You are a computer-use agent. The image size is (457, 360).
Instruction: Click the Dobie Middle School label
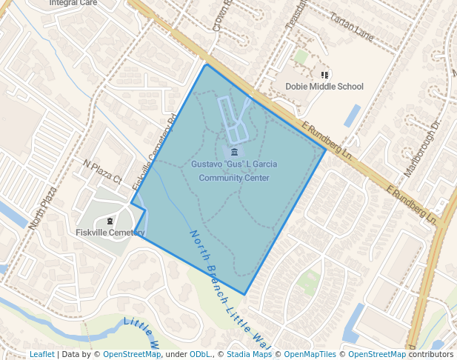(324, 87)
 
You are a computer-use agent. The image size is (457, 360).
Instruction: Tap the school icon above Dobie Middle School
(324, 74)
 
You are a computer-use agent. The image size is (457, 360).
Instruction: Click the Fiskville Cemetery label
(110, 233)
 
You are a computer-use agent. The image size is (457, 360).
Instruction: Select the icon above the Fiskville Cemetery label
(110, 221)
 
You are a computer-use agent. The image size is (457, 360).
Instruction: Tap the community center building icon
(234, 152)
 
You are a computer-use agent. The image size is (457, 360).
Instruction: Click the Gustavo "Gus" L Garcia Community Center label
(234, 171)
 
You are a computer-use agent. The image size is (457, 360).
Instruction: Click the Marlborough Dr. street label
(422, 149)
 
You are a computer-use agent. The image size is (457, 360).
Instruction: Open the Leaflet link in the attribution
(41, 354)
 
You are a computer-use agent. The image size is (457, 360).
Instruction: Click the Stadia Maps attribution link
(250, 354)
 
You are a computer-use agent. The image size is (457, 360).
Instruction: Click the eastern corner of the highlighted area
(326, 150)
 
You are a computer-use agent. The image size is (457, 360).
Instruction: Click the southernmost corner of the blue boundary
(244, 295)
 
